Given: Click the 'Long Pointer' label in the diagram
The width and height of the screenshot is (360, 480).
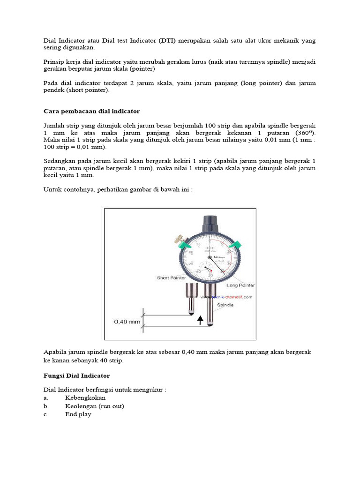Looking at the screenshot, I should (240, 285).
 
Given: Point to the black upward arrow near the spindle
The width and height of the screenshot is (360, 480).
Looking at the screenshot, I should (201, 320).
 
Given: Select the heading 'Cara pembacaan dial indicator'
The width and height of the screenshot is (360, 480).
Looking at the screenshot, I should (91, 111).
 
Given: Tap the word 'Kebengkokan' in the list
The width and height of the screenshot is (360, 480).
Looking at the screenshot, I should (85, 398).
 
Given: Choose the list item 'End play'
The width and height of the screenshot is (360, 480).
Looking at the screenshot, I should (78, 414).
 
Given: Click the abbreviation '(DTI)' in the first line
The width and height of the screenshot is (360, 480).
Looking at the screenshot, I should (166, 41).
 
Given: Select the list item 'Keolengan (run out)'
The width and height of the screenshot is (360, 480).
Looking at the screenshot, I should (95, 406).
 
